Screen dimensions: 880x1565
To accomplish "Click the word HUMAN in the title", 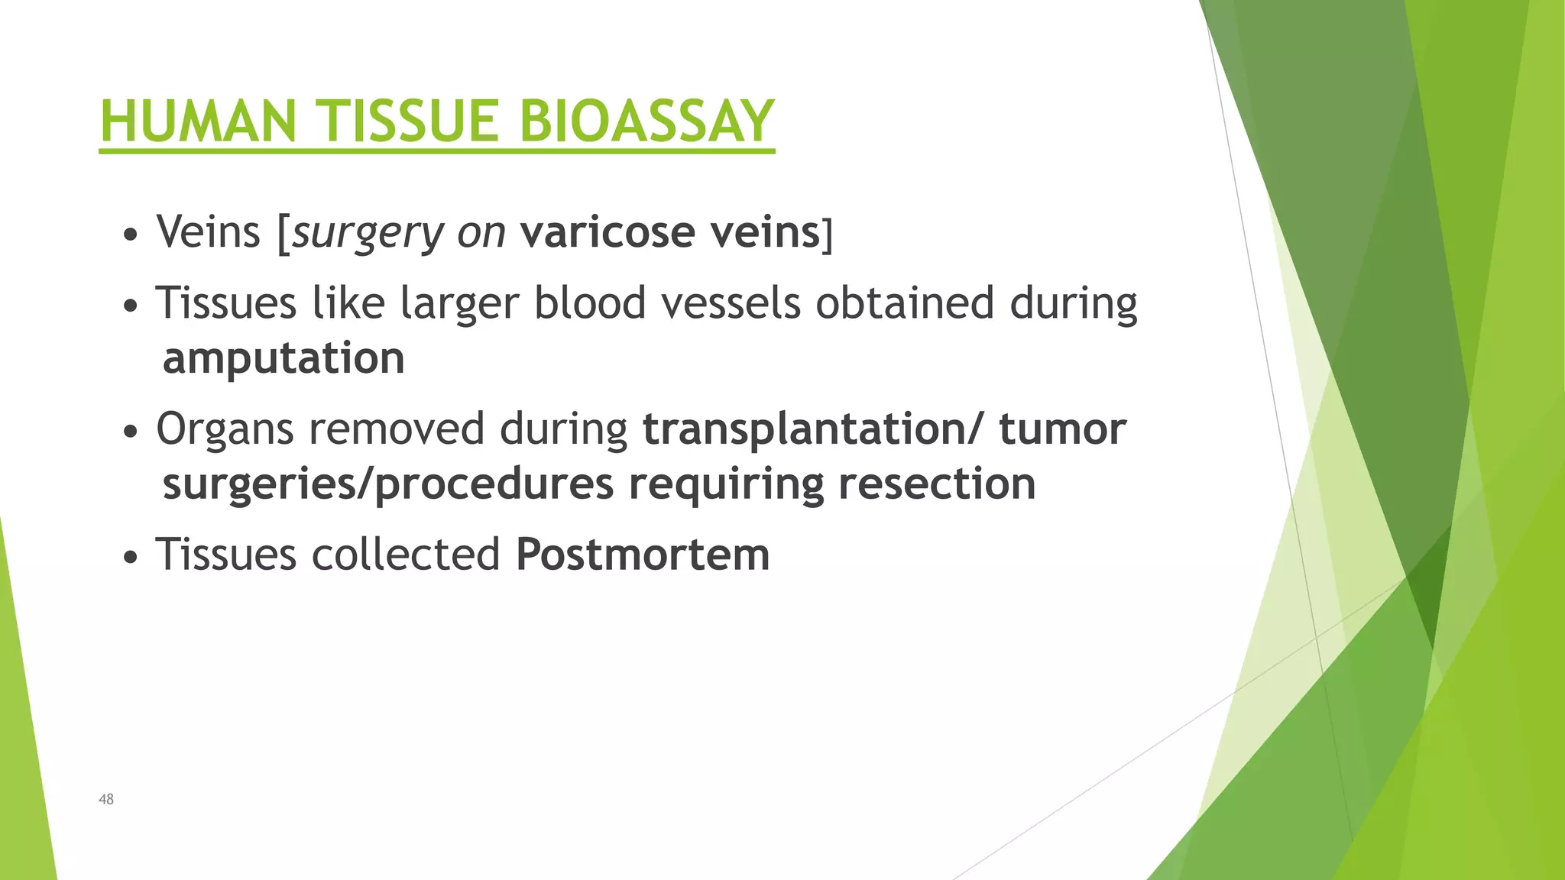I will (x=198, y=121).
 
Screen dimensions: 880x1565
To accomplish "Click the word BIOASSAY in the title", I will (x=646, y=121).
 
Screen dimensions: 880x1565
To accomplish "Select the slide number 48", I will (x=106, y=799).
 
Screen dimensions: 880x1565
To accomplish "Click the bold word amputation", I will (x=284, y=358).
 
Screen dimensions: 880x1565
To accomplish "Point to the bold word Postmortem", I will (x=643, y=554).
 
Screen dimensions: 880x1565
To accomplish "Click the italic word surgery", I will (x=368, y=233).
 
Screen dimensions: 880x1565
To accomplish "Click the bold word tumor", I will (x=1062, y=429).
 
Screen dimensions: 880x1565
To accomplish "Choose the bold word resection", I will (x=937, y=484).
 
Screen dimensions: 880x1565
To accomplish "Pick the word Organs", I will (x=225, y=430).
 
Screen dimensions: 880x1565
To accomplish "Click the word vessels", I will (x=731, y=303).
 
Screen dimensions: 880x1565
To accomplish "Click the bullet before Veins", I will (x=131, y=235).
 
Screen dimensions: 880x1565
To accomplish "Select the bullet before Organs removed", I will (x=131, y=432).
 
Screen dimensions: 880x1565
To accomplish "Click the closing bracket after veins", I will (x=827, y=234).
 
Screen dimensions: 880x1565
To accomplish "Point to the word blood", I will (x=590, y=303).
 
